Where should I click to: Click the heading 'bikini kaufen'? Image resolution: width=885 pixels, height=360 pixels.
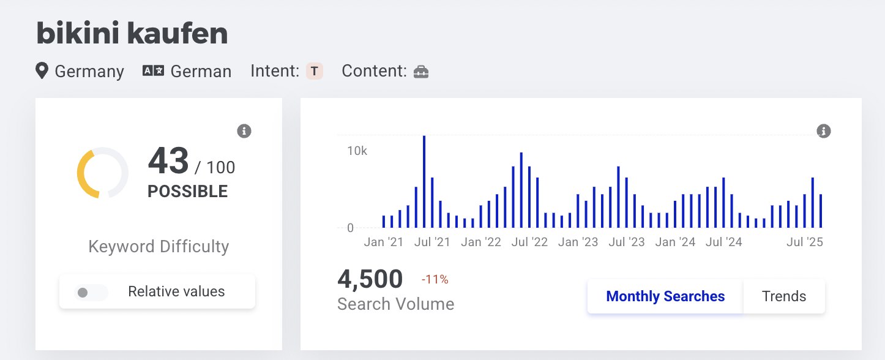132,34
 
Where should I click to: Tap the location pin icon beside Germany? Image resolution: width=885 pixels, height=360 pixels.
42,71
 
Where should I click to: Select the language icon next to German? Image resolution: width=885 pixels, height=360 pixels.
153,71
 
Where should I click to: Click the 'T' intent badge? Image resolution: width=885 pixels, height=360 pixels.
314,71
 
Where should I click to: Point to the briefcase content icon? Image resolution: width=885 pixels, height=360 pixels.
421,72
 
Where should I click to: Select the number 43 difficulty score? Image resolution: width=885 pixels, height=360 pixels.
168,161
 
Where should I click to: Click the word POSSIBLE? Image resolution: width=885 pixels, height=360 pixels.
187,192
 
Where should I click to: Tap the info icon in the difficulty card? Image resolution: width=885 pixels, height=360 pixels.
244,131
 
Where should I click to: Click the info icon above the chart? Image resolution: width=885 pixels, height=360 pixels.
823,131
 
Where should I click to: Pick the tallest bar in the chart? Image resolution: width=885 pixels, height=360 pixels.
424,181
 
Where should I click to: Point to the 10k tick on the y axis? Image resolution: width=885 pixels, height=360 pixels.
357,151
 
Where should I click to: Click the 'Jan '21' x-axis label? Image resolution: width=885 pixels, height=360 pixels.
384,242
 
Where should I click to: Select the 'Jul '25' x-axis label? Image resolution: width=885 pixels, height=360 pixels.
805,242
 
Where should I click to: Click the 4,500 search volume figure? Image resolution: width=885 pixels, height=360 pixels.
370,280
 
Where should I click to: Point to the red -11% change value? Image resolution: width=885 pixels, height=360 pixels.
435,280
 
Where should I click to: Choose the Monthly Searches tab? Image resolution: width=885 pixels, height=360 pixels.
665,296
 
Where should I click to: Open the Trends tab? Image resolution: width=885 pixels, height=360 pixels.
784,296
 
